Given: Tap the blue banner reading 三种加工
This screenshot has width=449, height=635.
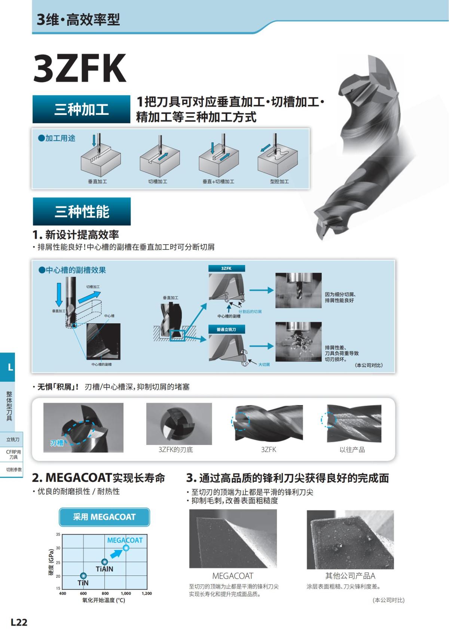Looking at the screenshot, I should (x=81, y=109).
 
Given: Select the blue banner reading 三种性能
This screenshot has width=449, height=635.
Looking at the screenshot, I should (x=82, y=211).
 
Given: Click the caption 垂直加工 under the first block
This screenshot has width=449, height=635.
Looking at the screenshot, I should (x=97, y=181).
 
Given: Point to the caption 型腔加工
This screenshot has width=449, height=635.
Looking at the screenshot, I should (x=280, y=181).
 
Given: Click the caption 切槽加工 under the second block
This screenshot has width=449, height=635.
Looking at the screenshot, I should (x=158, y=181).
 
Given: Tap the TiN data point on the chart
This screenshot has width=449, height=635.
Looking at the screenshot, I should (x=83, y=576).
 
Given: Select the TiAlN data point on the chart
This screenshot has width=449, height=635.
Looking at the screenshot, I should (x=104, y=562).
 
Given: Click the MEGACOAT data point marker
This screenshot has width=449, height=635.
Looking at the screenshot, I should (x=126, y=548).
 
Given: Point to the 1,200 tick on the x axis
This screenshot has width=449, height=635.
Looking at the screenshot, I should (x=147, y=593).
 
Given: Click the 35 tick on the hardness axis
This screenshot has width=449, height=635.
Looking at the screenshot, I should (x=58, y=534).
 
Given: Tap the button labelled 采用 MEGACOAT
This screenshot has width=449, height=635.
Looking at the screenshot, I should (x=104, y=517).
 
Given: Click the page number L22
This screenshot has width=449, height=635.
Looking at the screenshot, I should (x=19, y=622).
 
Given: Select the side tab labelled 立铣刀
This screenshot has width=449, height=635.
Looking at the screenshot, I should (x=13, y=439).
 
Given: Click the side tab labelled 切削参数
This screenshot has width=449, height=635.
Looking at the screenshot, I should (x=13, y=470).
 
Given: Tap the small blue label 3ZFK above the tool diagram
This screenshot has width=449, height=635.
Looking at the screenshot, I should (x=226, y=268).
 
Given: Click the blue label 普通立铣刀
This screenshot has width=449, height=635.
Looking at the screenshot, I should (x=226, y=330).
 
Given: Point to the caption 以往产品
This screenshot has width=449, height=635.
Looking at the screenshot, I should (x=352, y=449).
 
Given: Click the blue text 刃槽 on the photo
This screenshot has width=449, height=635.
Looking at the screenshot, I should (x=57, y=443).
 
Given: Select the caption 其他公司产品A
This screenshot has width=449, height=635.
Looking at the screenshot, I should (x=350, y=576).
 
